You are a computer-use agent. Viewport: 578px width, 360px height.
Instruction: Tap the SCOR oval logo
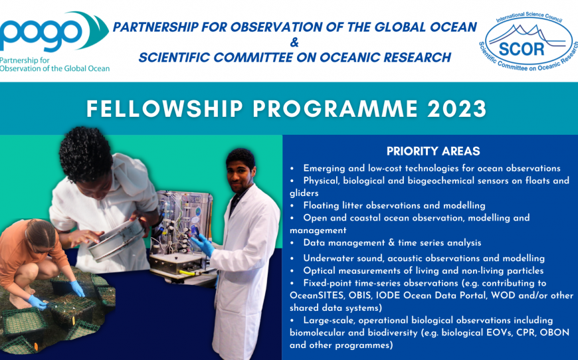(x=529, y=41)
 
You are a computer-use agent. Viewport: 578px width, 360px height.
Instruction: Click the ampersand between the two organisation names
(x=294, y=43)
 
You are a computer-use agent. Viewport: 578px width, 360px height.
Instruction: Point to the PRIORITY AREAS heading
(x=433, y=151)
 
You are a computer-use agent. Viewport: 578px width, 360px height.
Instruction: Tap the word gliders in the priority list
(x=304, y=193)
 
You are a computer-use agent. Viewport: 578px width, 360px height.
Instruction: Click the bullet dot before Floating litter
(x=292, y=206)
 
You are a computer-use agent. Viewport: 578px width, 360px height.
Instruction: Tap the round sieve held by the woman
(x=116, y=240)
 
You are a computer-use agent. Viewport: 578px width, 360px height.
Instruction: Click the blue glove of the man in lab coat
(x=203, y=244)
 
